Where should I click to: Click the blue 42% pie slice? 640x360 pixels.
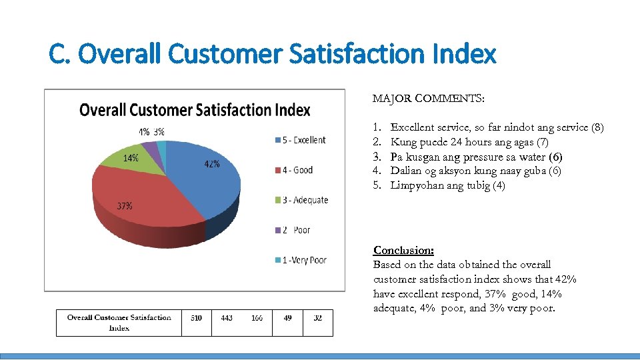tap(203, 180)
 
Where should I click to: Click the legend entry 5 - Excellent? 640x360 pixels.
tap(299, 140)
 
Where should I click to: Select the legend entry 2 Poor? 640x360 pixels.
tap(293, 230)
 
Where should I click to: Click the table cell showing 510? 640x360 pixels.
tap(196, 318)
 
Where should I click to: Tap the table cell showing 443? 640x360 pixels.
tap(227, 318)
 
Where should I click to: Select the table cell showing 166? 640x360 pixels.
tap(257, 318)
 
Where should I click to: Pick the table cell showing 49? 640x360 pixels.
tap(287, 318)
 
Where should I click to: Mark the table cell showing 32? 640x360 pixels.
tap(317, 318)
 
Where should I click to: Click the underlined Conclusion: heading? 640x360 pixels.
tap(403, 251)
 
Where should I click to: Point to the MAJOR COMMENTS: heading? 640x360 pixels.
tap(429, 99)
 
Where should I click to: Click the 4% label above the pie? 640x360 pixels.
tap(144, 132)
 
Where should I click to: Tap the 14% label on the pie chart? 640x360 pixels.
tap(130, 158)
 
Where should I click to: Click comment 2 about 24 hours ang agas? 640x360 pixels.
tap(469, 142)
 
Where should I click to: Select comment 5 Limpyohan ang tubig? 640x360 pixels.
tap(447, 185)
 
